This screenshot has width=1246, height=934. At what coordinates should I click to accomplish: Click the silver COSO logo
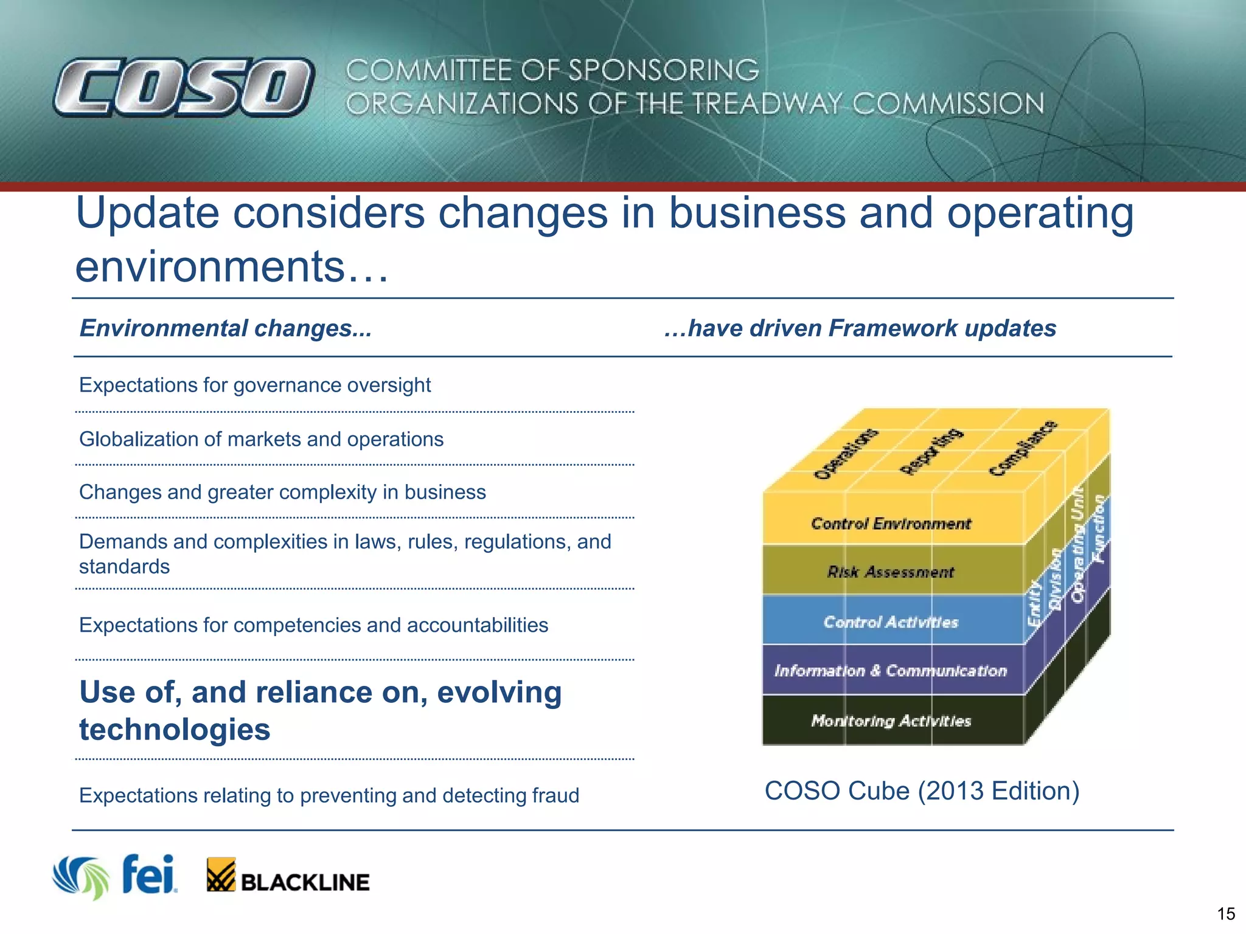coord(184,87)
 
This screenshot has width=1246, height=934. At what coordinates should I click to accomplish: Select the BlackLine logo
coord(288,876)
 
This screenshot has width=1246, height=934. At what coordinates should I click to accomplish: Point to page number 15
coord(1225,914)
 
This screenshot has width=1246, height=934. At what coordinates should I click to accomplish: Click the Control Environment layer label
coord(891,524)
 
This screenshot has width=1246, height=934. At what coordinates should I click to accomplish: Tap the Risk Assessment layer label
coord(891,572)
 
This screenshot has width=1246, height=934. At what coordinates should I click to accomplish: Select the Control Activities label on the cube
coord(891,622)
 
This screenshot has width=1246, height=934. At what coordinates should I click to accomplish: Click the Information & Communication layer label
coord(891,671)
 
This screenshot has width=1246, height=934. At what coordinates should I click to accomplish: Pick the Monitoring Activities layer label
coord(891,721)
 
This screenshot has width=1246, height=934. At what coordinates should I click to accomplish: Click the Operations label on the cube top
coord(846,454)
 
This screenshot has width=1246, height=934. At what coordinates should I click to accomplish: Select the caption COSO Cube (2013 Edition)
coord(922,791)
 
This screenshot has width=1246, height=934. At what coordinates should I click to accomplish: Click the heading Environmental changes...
coord(225,328)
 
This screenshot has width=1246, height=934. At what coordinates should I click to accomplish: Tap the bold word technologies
coord(175,729)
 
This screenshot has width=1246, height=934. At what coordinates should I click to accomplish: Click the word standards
coord(124,567)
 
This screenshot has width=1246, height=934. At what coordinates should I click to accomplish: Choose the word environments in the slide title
coord(210,267)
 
